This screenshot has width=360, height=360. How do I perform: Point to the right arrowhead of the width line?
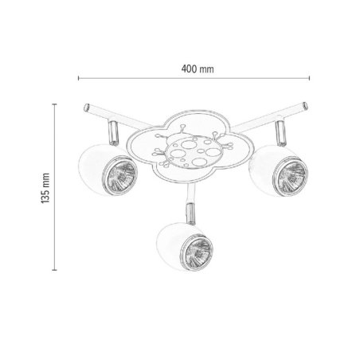(x=308, y=79)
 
